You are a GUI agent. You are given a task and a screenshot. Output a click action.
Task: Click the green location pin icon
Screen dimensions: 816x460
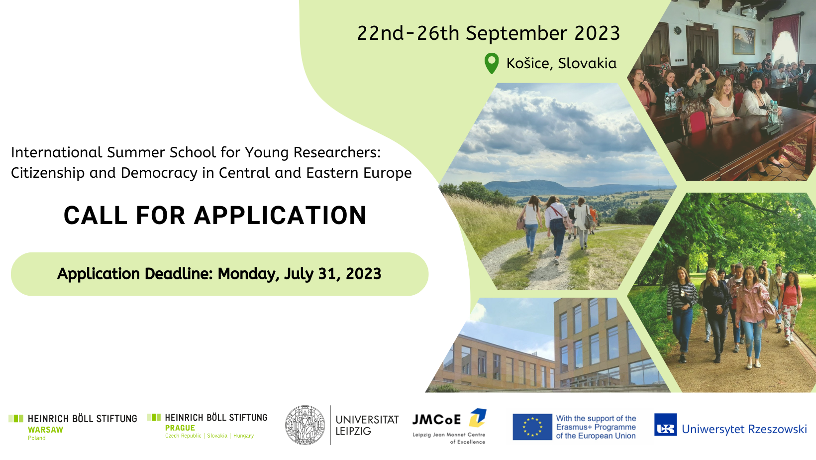coord(492,63)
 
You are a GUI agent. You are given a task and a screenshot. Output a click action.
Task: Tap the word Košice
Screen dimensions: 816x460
coord(527,63)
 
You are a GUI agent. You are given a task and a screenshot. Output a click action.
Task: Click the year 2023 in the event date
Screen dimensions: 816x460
coord(597,33)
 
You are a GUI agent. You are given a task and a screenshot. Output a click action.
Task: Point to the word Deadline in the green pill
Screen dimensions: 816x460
coord(179,274)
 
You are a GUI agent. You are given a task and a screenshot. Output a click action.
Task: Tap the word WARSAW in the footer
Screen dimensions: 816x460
coord(46,430)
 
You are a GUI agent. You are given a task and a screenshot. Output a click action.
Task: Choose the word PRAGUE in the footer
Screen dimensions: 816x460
coord(180,428)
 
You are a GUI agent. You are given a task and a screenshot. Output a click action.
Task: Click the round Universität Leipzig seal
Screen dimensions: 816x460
coord(306,425)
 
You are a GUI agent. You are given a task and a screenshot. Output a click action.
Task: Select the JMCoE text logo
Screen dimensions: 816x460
coord(436,420)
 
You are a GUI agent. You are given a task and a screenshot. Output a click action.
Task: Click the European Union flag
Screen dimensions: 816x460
coord(532,427)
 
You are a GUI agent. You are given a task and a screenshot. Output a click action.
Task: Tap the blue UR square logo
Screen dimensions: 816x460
coord(666,425)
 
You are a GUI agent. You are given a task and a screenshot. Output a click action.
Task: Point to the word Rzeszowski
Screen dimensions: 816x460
coord(777,429)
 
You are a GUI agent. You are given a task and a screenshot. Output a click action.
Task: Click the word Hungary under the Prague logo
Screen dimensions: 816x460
coord(244,436)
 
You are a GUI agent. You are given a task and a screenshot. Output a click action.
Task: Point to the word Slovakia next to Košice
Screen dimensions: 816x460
coord(587,63)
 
